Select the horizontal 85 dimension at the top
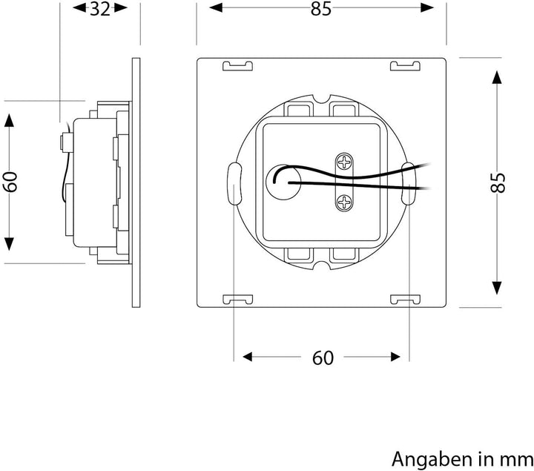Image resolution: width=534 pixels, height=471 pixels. pos(321,9)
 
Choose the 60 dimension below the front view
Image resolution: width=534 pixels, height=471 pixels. pos(322,358)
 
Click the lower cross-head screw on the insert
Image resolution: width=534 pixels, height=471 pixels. pos(345,200)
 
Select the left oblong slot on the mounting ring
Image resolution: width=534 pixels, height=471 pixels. pos(234,182)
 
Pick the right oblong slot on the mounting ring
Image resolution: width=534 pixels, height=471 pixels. pos(409,182)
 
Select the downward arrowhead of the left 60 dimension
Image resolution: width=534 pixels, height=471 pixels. pos(9,244)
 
